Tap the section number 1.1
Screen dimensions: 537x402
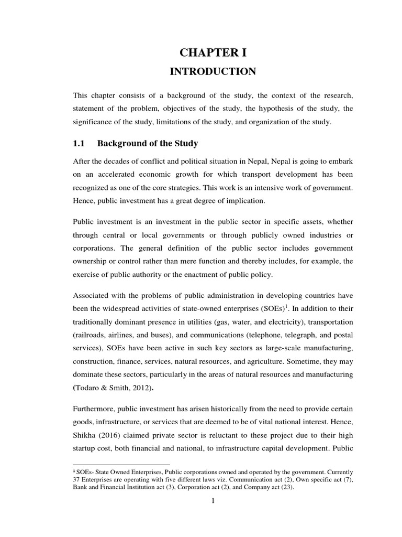click(x=80, y=143)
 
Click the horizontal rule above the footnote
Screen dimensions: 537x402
click(x=121, y=465)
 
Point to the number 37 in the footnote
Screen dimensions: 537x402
click(x=76, y=480)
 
